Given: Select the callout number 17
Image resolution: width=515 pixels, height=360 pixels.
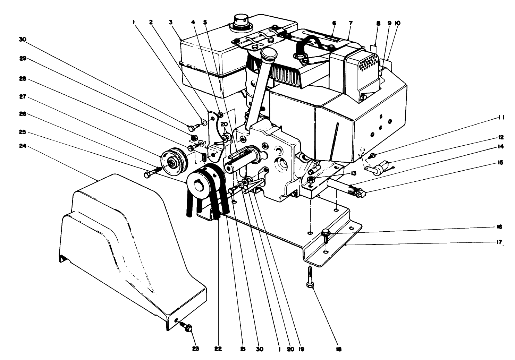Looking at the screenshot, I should coord(499,243).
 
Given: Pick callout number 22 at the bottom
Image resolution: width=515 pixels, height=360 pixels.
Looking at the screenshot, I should coord(218,349).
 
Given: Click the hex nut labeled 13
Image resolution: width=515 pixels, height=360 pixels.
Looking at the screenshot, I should coord(311,179).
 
